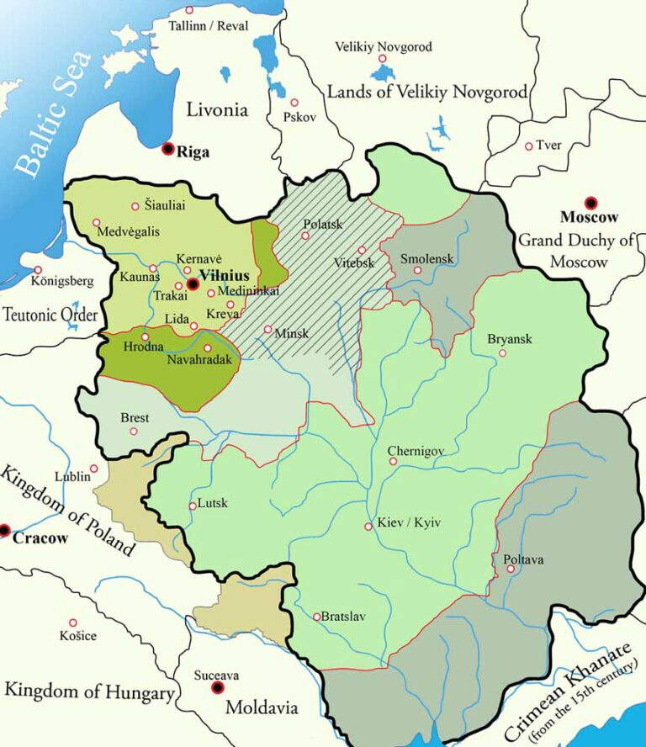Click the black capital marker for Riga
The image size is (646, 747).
[x=168, y=149]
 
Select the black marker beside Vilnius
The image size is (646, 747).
[x=193, y=284]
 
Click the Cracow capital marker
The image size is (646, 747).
[x=4, y=530]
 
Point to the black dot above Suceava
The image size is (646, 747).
[x=218, y=687]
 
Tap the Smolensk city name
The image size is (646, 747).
[x=427, y=258]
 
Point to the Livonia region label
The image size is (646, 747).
[x=217, y=109]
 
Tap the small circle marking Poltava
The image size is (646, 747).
[x=511, y=570]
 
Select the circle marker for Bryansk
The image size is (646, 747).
[x=502, y=353]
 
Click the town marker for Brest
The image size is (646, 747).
[x=133, y=432]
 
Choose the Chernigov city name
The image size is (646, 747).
[x=416, y=451]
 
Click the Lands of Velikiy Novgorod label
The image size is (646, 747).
[x=427, y=92]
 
